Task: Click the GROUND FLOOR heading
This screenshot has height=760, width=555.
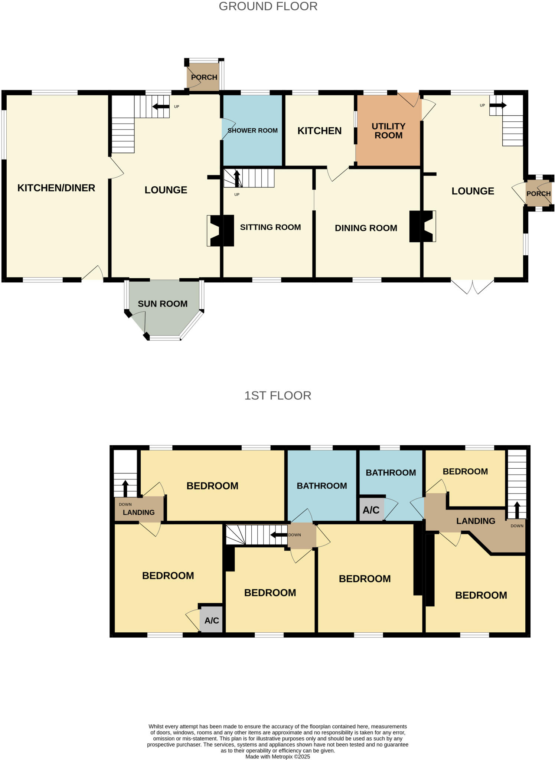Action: [x=268, y=6]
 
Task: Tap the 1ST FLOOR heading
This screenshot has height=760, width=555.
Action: [x=278, y=396]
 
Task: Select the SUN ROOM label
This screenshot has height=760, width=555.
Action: [x=163, y=304]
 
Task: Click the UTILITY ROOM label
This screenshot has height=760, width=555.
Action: [x=388, y=131]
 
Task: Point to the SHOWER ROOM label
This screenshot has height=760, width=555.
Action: [x=252, y=131]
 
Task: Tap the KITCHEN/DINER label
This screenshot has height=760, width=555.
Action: [x=56, y=188]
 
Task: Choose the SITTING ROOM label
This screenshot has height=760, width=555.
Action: [x=270, y=227]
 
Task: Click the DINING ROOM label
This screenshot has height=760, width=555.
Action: [x=366, y=228]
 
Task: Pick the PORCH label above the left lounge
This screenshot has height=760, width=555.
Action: [x=204, y=77]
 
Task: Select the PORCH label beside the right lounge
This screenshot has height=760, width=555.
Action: [x=538, y=194]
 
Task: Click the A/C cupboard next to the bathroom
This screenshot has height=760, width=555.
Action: [x=371, y=510]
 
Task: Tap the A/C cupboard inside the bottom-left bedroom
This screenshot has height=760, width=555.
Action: [x=212, y=620]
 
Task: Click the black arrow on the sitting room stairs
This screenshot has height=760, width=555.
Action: [x=237, y=178]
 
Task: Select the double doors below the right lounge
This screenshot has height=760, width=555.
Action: [x=473, y=286]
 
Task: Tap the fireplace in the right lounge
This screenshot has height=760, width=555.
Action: [x=423, y=226]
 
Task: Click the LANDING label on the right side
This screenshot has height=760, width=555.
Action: [x=476, y=521]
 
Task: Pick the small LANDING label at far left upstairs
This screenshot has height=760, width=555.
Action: [x=138, y=512]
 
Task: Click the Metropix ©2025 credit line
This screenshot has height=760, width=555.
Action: [x=278, y=756]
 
